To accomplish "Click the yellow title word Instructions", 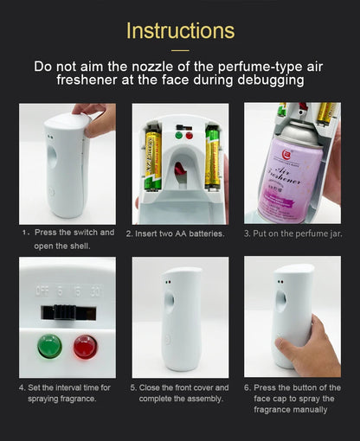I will [180, 31].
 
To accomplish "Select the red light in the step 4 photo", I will [85, 348].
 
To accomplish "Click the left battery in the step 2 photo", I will [152, 159].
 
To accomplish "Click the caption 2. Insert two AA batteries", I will [176, 233].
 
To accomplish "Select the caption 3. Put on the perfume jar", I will [292, 233].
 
